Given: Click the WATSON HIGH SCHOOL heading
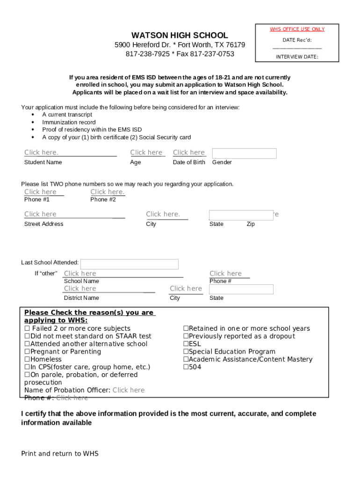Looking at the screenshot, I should pos(180,35).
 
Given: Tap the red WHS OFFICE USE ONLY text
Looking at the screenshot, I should pos(297,29).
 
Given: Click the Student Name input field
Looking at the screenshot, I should pos(70,152).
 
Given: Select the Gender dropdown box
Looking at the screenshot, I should pos(244,153).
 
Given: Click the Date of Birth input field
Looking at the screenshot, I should pos(189,152).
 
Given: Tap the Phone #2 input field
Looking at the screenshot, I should pos(108,192).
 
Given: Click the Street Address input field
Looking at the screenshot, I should pos(74,214).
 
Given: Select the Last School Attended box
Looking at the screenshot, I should pos(130,264).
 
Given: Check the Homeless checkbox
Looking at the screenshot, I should pos(27,360).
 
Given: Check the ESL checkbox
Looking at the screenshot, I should pos(186,344).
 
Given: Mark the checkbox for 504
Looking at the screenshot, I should pos(186,367).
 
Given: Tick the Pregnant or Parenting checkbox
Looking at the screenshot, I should pos(27,352).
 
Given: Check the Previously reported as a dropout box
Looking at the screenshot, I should pos(186,336).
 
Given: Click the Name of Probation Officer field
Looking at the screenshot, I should pos(129,390).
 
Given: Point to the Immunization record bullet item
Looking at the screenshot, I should pos(69,122).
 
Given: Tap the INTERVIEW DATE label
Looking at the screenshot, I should pos(297,57).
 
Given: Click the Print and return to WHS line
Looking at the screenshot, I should pos(60,454).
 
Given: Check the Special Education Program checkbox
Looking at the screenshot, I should pos(186,352).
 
